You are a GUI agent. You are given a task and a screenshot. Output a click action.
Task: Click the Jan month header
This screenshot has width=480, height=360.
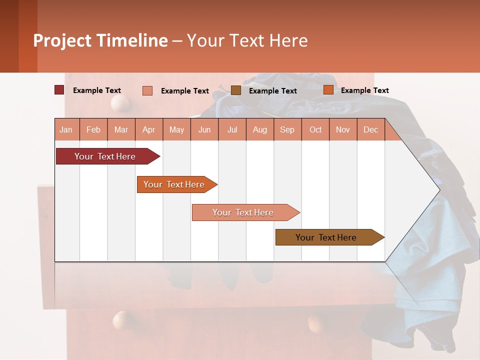[66, 130]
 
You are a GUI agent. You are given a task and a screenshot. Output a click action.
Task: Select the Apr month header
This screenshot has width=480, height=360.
[149, 130]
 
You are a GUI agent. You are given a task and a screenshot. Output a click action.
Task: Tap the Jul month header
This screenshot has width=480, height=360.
[232, 130]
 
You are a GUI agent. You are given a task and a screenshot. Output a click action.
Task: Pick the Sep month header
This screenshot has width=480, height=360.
[287, 130]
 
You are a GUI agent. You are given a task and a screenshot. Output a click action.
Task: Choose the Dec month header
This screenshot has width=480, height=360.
[370, 130]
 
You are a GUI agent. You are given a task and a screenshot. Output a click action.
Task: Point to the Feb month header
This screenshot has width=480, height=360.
[93, 130]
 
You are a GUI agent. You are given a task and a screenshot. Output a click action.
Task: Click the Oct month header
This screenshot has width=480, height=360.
[315, 130]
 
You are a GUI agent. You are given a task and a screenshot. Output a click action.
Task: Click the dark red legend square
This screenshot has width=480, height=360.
[59, 90]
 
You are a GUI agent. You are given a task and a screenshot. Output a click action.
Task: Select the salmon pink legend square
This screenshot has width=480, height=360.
[147, 90]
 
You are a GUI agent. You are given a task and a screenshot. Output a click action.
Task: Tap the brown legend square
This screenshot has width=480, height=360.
[236, 90]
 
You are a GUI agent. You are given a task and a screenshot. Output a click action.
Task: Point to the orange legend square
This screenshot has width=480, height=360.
[328, 90]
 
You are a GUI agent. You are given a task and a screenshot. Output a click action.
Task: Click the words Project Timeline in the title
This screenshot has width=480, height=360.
[100, 40]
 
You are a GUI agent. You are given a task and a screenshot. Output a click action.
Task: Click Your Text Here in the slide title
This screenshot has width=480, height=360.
[247, 40]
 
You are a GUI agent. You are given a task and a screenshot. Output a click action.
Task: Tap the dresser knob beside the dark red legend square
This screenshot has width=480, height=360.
[120, 103]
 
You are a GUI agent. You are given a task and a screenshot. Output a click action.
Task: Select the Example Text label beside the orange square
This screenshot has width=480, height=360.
[364, 90]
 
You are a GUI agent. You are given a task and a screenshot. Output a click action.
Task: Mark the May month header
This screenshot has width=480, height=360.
[176, 130]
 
